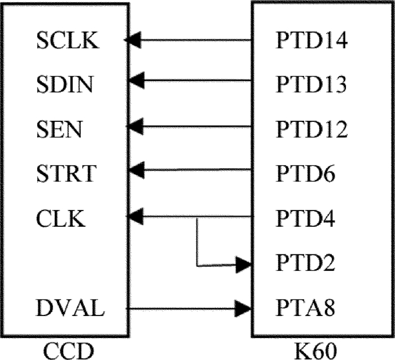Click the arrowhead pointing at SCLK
click(134, 40)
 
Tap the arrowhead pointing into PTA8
click(244, 308)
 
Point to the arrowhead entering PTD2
click(244, 264)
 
